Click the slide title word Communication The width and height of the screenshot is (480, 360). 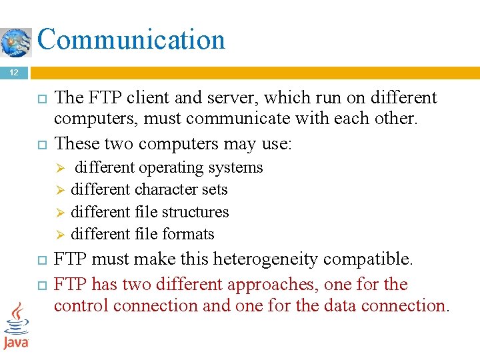(131, 39)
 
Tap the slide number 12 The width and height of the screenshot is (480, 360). (14, 72)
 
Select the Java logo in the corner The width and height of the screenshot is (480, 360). (16, 326)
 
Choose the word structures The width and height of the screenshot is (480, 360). (197, 212)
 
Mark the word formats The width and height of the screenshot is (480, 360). (190, 234)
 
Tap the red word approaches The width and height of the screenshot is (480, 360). (273, 285)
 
